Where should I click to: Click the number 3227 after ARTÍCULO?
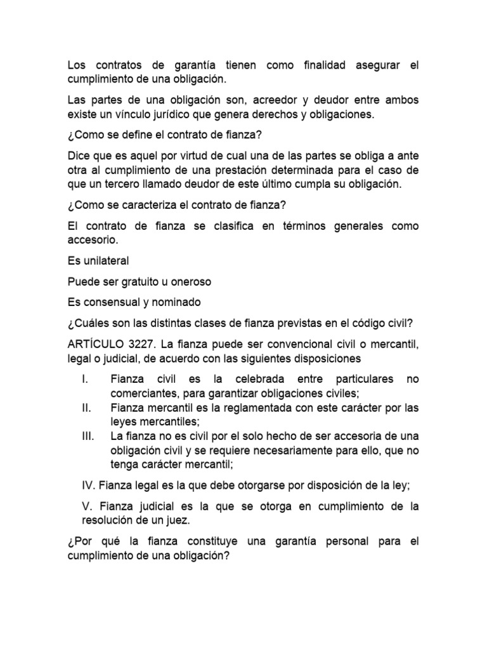click(140, 345)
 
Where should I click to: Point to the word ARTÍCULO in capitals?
click(93, 345)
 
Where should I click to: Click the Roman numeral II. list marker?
click(87, 408)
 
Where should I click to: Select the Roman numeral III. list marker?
click(88, 437)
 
